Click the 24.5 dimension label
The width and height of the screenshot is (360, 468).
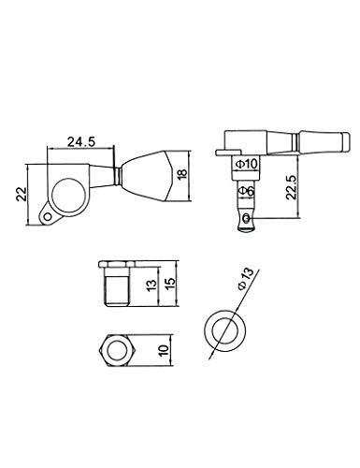(81, 142)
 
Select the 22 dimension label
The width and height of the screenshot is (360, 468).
(22, 195)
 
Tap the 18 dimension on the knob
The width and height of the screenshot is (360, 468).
(181, 174)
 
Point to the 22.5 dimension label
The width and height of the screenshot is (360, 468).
(291, 186)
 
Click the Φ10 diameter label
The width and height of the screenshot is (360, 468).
(247, 163)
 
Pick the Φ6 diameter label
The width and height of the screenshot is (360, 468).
(246, 190)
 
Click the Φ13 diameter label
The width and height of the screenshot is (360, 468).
(245, 279)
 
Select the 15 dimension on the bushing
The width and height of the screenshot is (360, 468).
(170, 284)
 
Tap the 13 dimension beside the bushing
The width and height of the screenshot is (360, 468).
(151, 285)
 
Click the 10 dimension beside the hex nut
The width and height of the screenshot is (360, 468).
(164, 350)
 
